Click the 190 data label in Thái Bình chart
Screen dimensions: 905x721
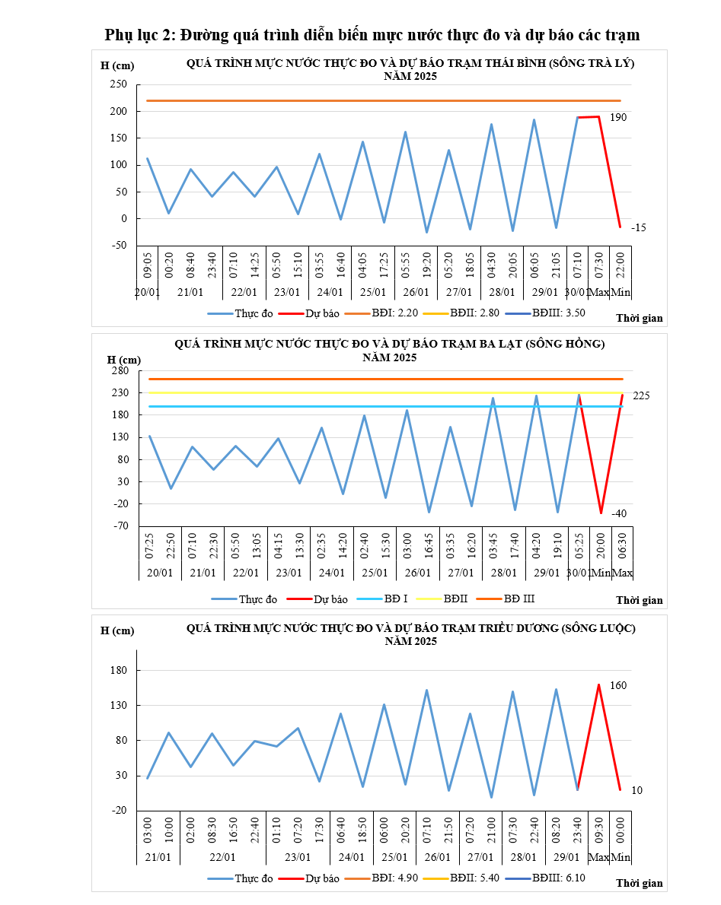[618, 118]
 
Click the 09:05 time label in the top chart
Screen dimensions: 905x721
[148, 265]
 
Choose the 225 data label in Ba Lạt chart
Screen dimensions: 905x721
[641, 395]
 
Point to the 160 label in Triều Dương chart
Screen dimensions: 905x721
[618, 686]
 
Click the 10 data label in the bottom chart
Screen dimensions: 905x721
[636, 791]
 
